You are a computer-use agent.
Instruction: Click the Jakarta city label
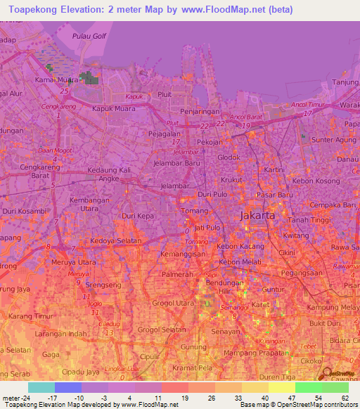[x=257, y=216]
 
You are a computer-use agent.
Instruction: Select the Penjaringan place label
[x=200, y=112]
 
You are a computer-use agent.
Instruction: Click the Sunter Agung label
[x=334, y=141]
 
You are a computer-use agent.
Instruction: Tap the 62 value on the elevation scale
[x=345, y=398]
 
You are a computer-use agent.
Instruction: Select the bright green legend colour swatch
[x=308, y=387]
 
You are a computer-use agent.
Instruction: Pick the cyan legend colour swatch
[x=41, y=387]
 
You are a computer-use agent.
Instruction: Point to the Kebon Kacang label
[x=239, y=247]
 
